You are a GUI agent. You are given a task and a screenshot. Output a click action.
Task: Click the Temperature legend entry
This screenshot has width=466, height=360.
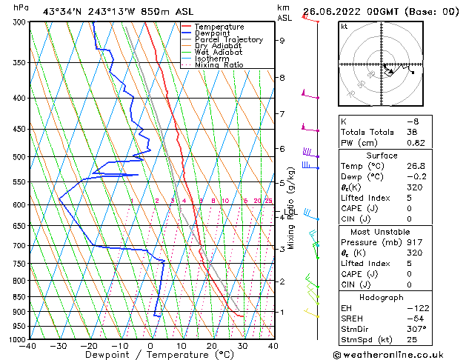tap(219, 27)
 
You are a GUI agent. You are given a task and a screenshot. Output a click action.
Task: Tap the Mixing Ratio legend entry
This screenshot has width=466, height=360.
tap(219, 65)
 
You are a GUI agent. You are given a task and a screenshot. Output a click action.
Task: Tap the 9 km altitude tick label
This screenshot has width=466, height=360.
tap(282, 41)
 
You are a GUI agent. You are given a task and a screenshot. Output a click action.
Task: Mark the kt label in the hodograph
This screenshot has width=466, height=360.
tap(344, 26)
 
